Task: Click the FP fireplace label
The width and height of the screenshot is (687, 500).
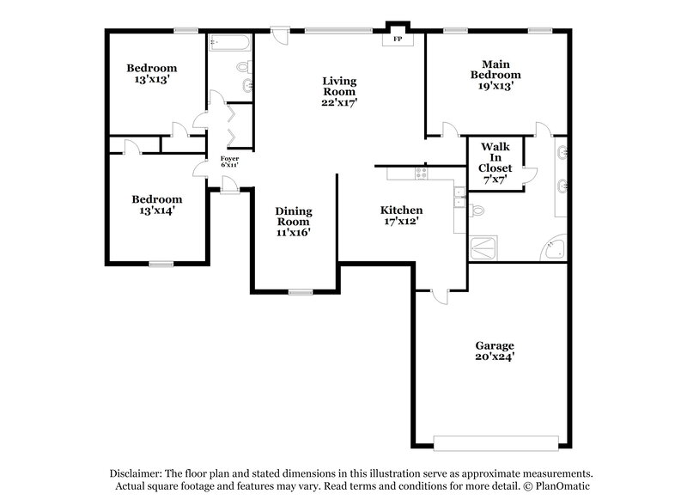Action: [398, 40]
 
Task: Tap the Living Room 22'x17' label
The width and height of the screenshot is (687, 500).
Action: [339, 91]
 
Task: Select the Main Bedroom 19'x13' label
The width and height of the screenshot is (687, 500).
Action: [495, 75]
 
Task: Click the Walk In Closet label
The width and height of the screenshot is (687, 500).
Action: [495, 164]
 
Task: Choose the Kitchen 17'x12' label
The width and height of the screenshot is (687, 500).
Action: [402, 216]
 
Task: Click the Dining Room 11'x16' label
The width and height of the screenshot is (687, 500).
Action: [294, 221]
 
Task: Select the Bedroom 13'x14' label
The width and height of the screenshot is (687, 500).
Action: [156, 204]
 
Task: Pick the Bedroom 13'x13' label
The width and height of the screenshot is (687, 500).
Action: [152, 74]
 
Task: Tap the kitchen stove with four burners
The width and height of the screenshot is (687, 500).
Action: [422, 174]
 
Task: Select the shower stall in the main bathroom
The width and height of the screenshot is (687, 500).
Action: [483, 248]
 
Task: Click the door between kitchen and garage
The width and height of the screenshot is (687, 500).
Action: [437, 296]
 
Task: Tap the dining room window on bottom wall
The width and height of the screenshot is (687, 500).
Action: [300, 293]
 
